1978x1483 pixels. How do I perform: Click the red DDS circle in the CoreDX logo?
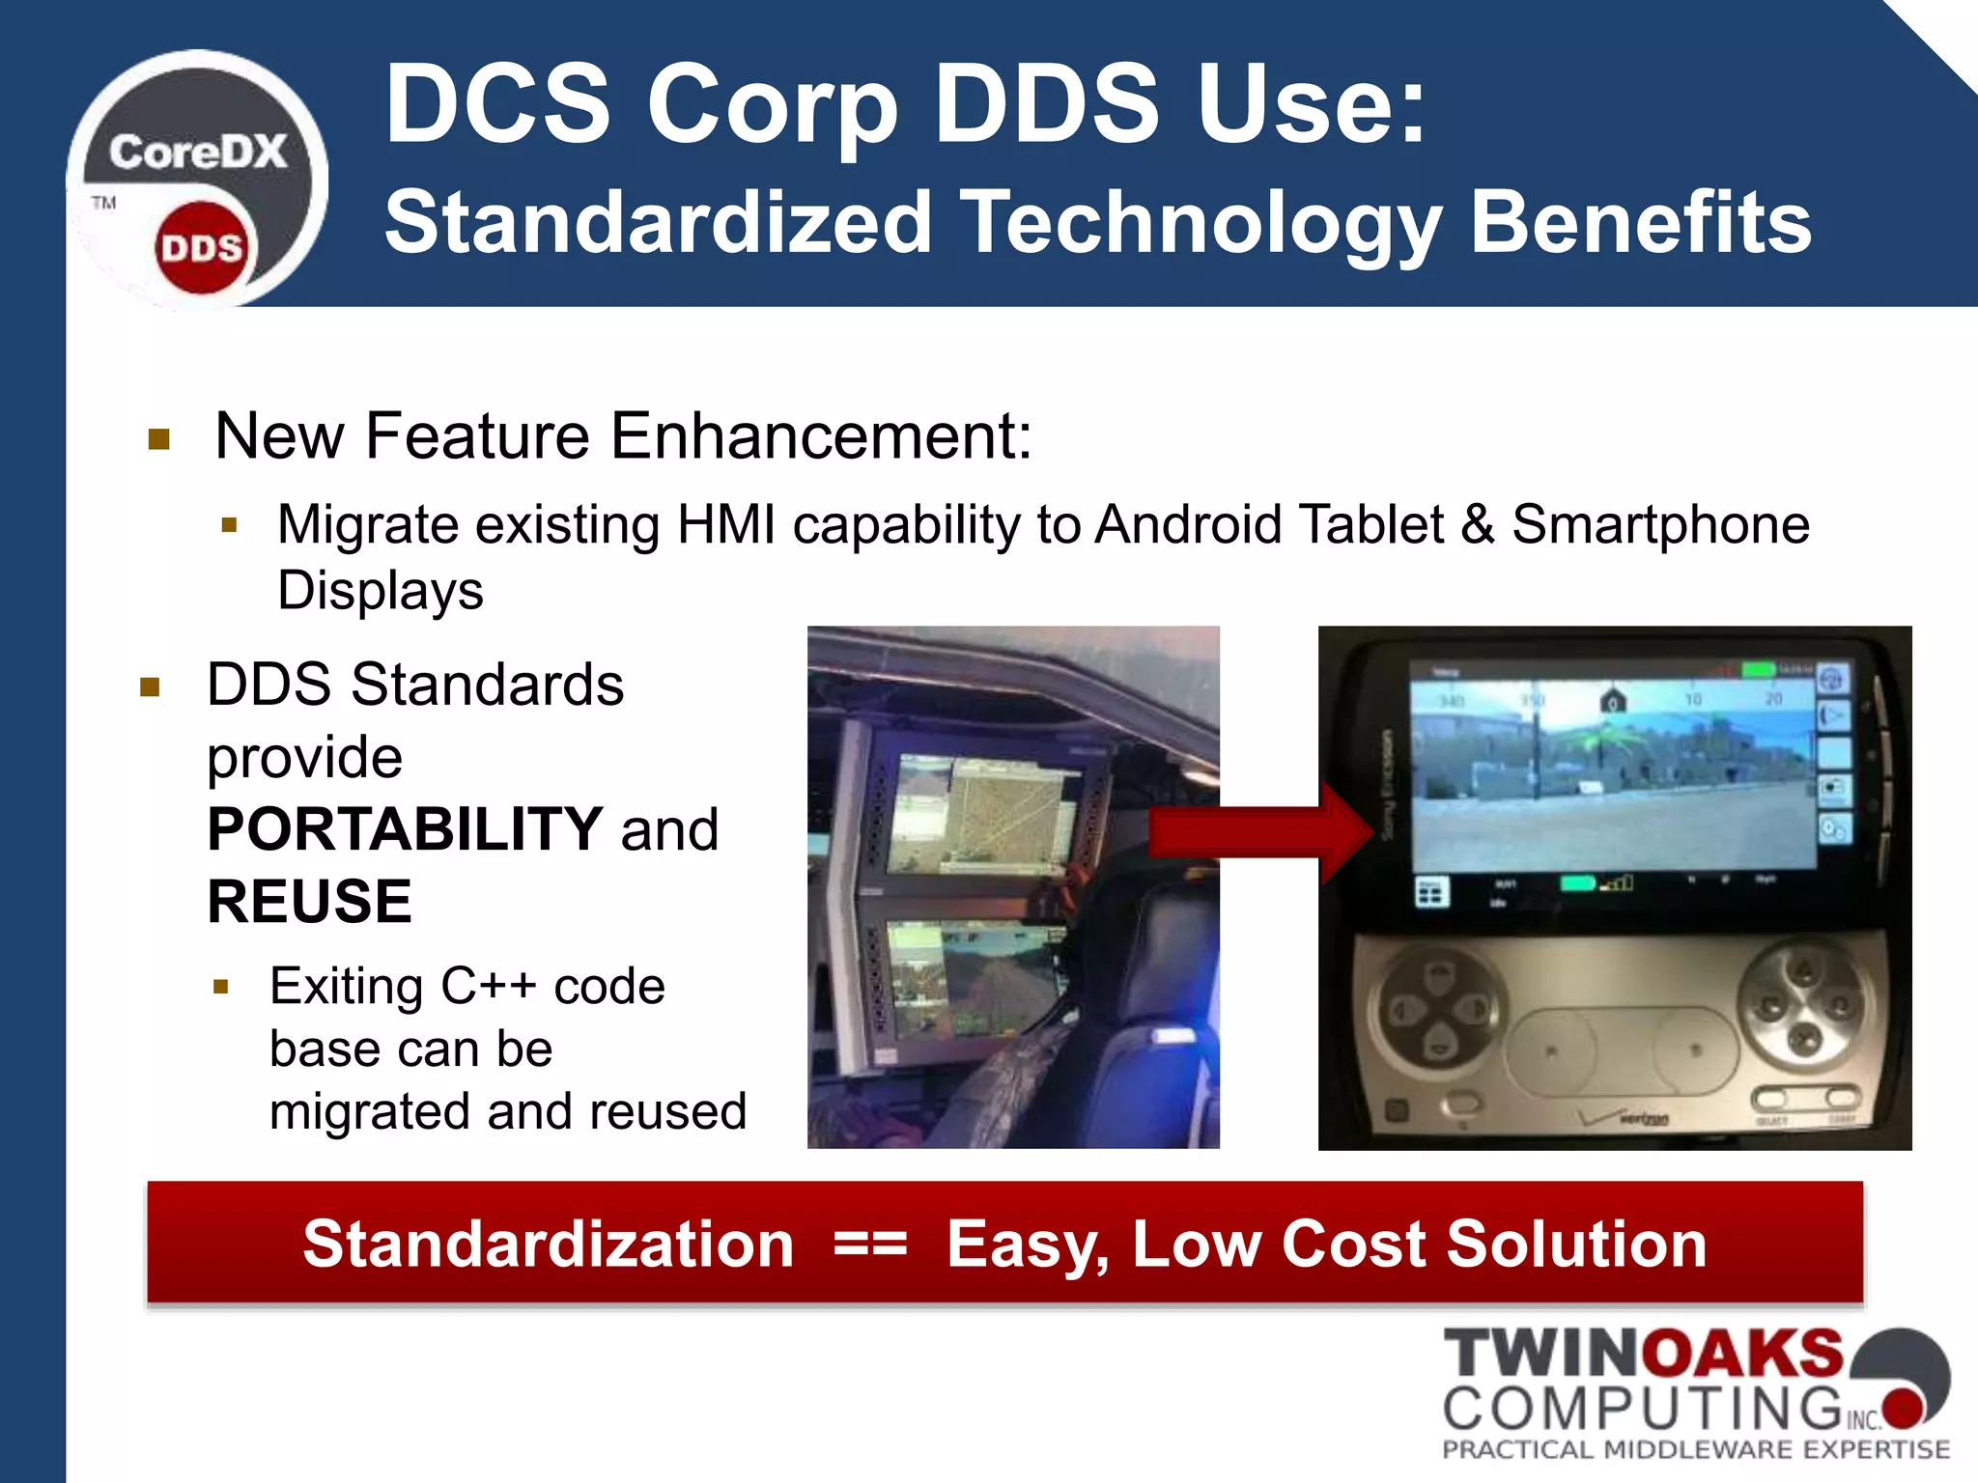pos(200,248)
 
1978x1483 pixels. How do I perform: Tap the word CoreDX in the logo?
pos(198,153)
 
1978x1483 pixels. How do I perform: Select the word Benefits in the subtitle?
pos(1641,222)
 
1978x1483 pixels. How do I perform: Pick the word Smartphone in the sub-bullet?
pos(1660,525)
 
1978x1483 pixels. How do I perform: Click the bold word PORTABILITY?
pos(406,828)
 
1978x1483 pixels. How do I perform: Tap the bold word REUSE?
pos(309,901)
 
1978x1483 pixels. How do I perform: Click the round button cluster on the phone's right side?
pos(1802,1004)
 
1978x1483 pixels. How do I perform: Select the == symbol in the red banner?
pos(870,1244)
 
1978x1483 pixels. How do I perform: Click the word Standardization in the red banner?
pos(548,1244)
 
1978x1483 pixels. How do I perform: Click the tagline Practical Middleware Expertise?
pos(1696,1449)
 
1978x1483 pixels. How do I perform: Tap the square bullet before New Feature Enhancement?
pos(159,440)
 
